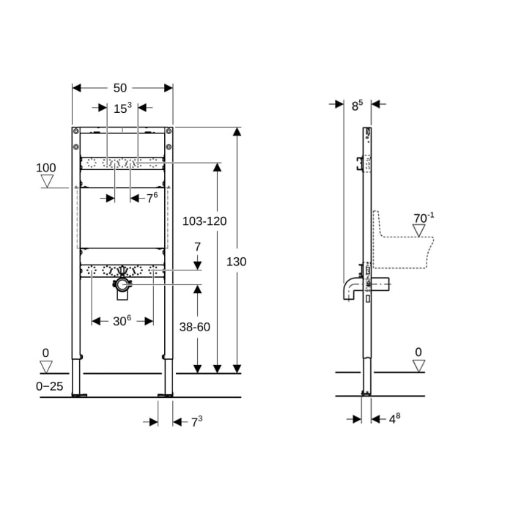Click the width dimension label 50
(x=119, y=88)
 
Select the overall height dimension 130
(x=236, y=262)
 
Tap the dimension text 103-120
(x=204, y=221)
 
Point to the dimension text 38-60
(x=194, y=327)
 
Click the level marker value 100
(x=46, y=169)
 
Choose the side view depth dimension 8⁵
(x=357, y=106)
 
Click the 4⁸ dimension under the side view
(x=394, y=419)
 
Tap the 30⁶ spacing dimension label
(x=122, y=321)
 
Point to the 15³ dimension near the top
(x=122, y=108)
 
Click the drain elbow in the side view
(x=349, y=288)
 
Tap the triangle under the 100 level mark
(x=47, y=180)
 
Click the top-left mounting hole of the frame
(x=75, y=132)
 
